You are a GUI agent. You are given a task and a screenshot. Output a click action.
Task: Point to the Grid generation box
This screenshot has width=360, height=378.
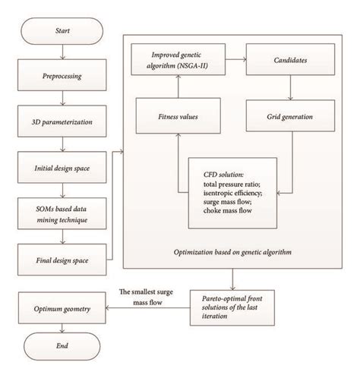click(290, 118)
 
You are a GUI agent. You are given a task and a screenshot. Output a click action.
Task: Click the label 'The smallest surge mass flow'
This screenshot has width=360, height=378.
click(149, 298)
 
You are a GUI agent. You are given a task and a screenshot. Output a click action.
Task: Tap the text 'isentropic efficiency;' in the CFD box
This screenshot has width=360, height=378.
click(230, 194)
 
